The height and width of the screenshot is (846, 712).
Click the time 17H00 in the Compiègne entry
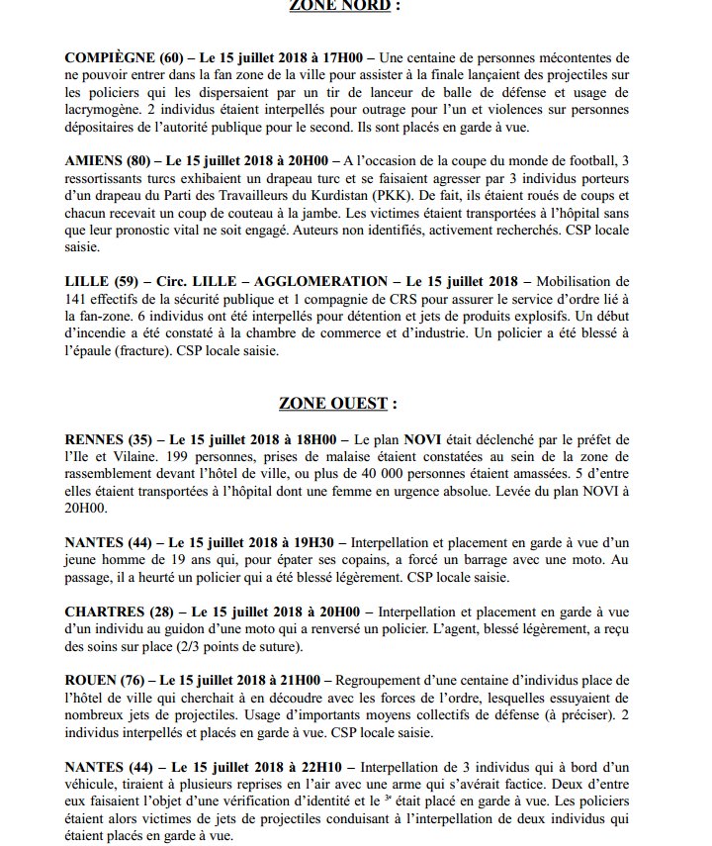pyautogui.click(x=316, y=61)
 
